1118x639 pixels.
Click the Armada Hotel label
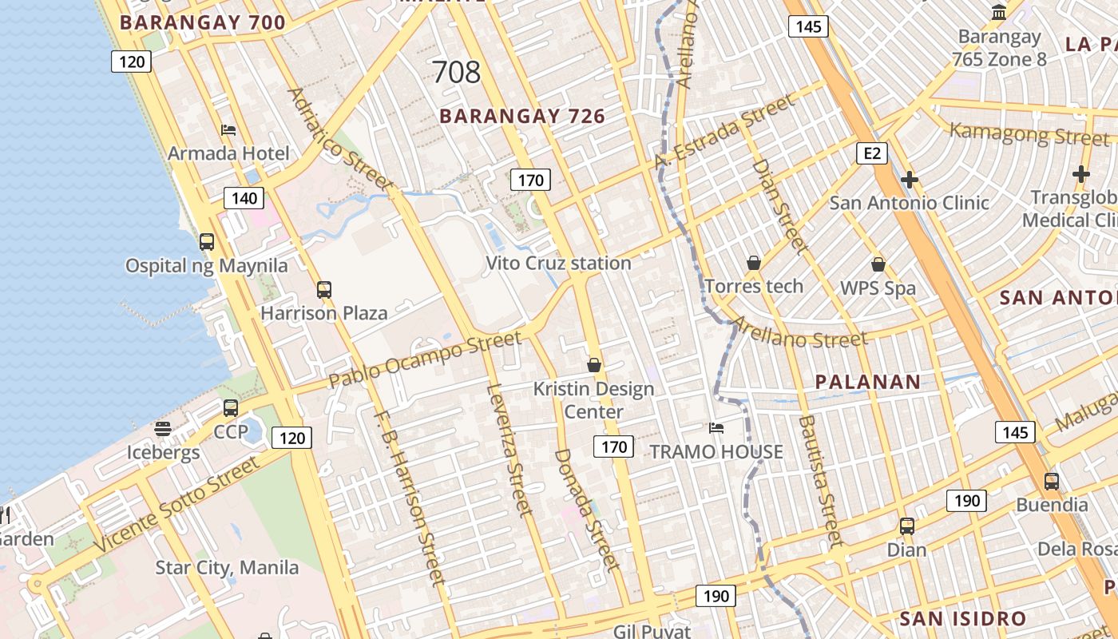click(x=228, y=153)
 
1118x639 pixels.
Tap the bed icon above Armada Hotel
click(x=228, y=129)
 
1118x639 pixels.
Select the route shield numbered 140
click(x=243, y=198)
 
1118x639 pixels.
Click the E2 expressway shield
click(x=871, y=153)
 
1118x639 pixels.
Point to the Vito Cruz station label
click(x=558, y=263)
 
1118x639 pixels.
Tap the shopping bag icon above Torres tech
click(x=753, y=263)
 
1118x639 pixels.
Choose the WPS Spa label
click(x=878, y=288)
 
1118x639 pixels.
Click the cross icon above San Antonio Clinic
click(x=909, y=180)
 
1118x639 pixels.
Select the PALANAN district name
click(x=868, y=382)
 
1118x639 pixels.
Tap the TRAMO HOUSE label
click(x=716, y=452)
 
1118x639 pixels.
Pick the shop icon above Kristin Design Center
click(x=593, y=365)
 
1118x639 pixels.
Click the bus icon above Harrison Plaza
click(x=323, y=290)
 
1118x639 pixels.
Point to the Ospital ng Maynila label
click(x=206, y=265)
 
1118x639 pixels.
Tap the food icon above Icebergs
click(x=163, y=429)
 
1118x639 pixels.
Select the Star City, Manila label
click(x=227, y=568)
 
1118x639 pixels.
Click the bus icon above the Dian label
click(x=906, y=526)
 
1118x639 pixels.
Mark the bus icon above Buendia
click(x=1052, y=482)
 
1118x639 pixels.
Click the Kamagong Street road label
click(x=1018, y=133)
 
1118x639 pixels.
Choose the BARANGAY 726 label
click(x=522, y=117)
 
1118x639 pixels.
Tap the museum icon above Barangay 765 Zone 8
click(x=998, y=13)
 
